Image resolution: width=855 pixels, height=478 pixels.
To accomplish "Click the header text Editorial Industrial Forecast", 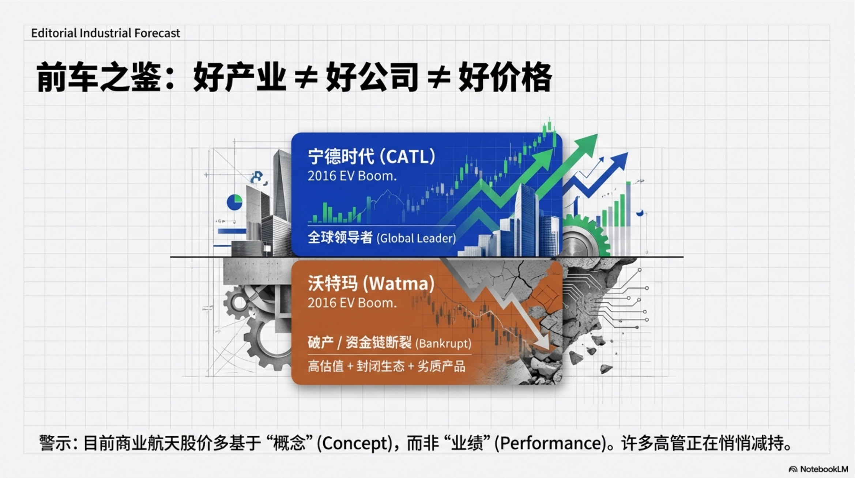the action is point(106,33).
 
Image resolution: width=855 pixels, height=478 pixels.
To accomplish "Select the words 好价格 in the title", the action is point(505,77).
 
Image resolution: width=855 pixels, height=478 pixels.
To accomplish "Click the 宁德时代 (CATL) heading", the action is point(372,157).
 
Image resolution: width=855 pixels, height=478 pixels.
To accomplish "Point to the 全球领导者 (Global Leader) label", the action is point(382,238).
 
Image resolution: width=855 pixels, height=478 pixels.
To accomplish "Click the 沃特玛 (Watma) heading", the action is point(371,284).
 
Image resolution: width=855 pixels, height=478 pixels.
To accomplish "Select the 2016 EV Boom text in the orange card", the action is point(352,303).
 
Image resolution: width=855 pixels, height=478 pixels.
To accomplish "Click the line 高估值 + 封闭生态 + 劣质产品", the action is point(387,366).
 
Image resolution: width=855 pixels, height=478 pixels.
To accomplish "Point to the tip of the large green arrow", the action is point(597,134).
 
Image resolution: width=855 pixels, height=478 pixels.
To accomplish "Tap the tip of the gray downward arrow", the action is point(549,349).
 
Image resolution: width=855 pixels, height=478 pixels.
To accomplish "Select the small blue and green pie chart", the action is point(234,202).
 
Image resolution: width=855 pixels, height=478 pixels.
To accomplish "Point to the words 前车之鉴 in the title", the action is point(98,77).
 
